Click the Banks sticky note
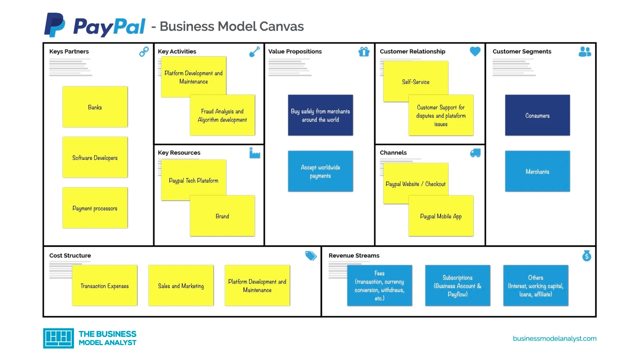[95, 107]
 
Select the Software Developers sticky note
[95, 157]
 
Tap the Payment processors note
[95, 208]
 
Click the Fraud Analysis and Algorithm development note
[222, 115]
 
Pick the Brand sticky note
[222, 216]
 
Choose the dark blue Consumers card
[537, 115]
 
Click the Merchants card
[537, 171]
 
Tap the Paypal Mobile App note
[441, 216]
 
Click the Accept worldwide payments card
[320, 171]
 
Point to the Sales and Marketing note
[181, 286]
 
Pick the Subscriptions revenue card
[457, 286]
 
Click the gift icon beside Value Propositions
[364, 52]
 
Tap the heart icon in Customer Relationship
[475, 51]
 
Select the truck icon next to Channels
[475, 153]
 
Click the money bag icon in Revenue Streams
[586, 256]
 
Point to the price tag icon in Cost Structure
[311, 256]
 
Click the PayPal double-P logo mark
[54, 25]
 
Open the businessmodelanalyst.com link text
[554, 339]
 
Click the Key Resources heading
[179, 153]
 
